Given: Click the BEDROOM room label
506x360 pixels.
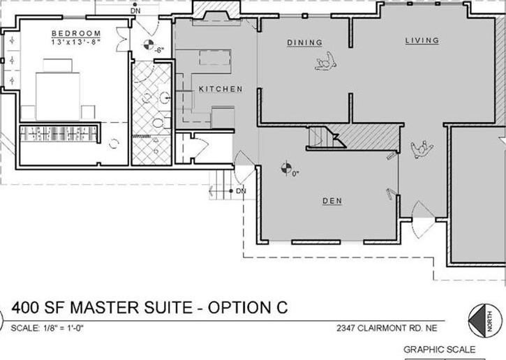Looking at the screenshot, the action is (76, 33).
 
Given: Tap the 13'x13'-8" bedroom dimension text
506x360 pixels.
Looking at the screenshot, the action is (76, 42).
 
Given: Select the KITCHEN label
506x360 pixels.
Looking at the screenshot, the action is (221, 89).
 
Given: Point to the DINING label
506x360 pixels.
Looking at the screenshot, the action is (304, 43).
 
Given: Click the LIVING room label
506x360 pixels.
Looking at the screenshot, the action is (422, 40).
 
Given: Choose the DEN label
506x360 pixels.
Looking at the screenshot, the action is (332, 201).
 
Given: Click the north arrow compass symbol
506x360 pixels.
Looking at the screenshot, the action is (485, 321).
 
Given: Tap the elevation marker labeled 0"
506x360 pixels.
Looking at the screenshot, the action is (286, 168).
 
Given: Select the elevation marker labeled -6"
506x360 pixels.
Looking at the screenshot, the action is (149, 45).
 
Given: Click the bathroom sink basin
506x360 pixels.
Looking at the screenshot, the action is (165, 97).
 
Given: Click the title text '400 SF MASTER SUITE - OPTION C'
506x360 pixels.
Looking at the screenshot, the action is (149, 308).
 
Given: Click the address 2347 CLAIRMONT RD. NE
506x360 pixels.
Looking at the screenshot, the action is (387, 329).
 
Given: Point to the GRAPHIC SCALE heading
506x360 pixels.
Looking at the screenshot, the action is (440, 350).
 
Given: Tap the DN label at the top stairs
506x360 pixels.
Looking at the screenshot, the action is (136, 11).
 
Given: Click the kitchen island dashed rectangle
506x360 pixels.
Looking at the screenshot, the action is (214, 57).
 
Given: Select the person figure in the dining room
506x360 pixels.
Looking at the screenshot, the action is (326, 61).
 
